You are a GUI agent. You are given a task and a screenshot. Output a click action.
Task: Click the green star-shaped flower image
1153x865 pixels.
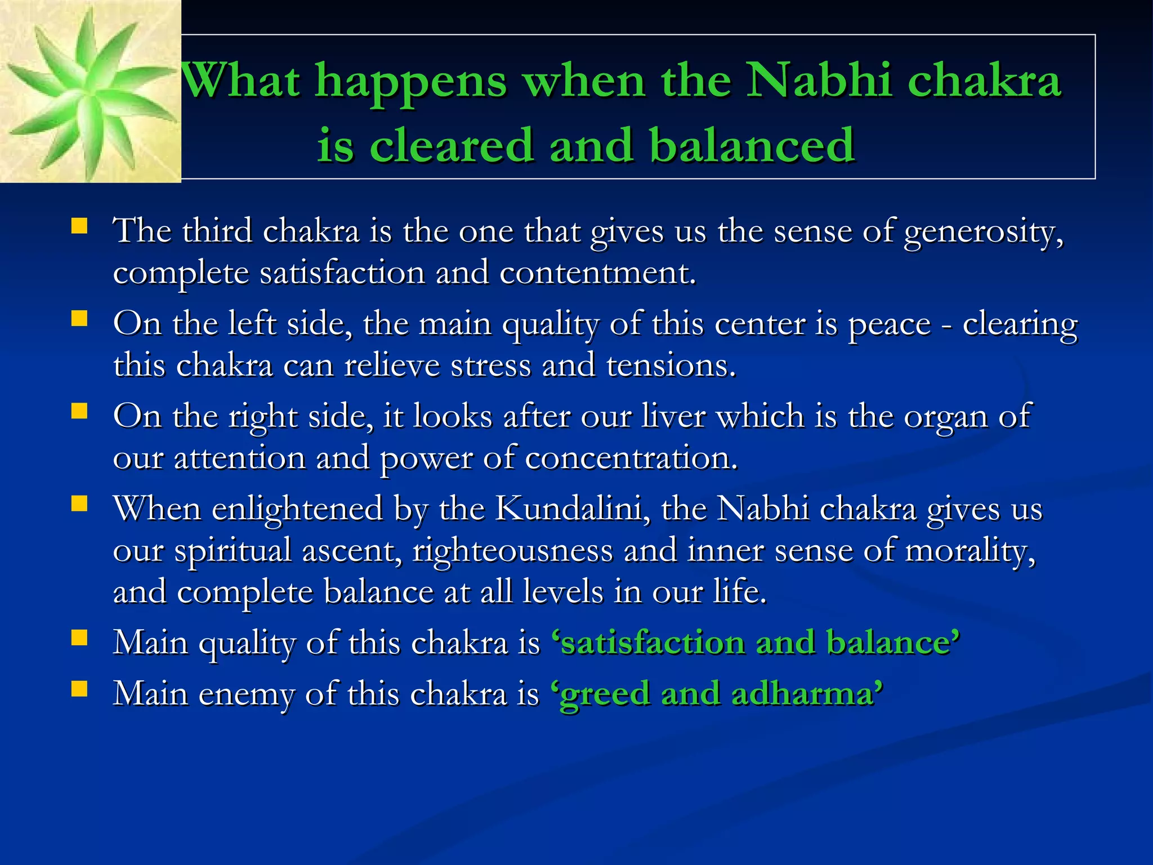(x=90, y=91)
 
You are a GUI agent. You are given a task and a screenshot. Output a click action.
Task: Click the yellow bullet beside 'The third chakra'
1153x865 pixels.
(x=79, y=226)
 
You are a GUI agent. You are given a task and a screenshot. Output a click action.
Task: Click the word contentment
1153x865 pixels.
(x=597, y=273)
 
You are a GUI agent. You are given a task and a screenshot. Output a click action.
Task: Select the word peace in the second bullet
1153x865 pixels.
(x=889, y=324)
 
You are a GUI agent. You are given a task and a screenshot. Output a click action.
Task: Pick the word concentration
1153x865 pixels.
(x=631, y=458)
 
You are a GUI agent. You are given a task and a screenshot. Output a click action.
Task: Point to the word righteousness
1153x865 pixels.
(x=512, y=550)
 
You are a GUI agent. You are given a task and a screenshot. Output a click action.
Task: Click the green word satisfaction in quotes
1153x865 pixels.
(x=653, y=643)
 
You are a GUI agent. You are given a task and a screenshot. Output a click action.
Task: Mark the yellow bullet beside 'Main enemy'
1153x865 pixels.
(x=79, y=689)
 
